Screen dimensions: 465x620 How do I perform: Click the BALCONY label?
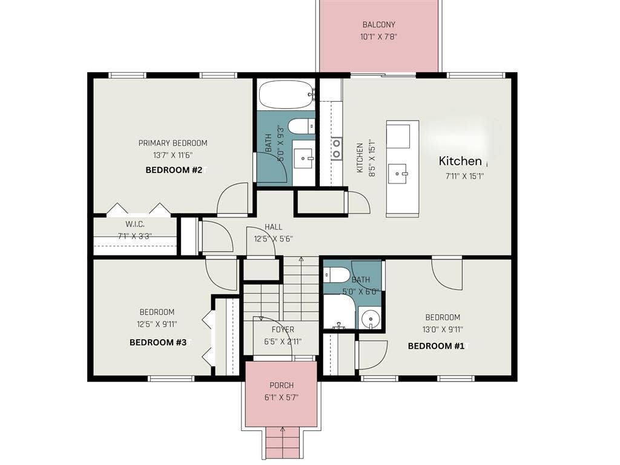[x=378, y=25]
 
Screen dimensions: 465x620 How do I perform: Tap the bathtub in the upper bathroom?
[x=285, y=94]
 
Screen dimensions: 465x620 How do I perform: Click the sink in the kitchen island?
[x=399, y=173]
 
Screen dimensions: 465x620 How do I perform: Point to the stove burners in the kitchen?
[x=336, y=148]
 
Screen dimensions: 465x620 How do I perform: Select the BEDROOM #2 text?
[x=174, y=170]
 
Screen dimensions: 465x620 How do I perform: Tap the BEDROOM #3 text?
[x=157, y=342]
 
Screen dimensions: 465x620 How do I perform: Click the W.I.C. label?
[x=134, y=223]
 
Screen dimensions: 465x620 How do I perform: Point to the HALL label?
[x=273, y=227]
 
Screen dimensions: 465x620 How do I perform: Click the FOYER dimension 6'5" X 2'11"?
[x=282, y=341]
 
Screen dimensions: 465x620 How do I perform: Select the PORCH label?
[x=282, y=386]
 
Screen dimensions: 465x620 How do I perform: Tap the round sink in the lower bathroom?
[x=369, y=319]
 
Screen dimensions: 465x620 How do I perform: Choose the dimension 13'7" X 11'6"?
[x=173, y=155]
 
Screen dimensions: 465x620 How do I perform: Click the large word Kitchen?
[x=460, y=161]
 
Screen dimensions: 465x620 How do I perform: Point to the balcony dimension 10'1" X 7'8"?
[x=378, y=36]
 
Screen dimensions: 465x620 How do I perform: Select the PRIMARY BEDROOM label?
[x=173, y=143]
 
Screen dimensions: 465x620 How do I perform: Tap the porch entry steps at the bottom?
[x=282, y=442]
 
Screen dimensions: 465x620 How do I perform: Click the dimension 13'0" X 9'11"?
[x=442, y=330]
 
